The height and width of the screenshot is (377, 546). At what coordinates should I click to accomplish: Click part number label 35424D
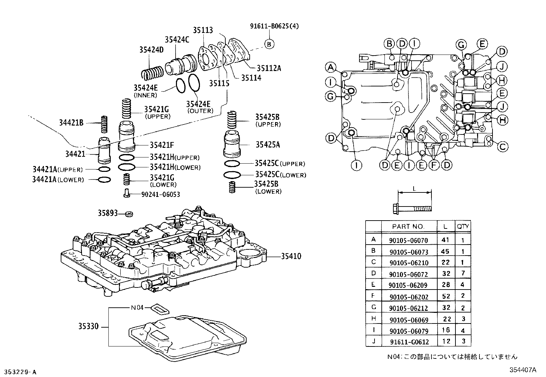tap(151, 50)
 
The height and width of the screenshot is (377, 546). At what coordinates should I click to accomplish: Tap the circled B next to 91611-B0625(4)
tap(269, 44)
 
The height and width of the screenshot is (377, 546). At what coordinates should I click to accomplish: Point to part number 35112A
tap(269, 68)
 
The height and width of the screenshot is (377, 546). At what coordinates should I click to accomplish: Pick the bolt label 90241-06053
tap(161, 195)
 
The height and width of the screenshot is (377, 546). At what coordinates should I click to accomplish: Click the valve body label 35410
tap(291, 256)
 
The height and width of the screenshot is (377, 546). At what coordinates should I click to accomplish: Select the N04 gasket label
tap(137, 308)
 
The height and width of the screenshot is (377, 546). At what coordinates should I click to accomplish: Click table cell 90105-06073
tap(408, 252)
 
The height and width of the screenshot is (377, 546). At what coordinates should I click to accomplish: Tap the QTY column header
tap(463, 226)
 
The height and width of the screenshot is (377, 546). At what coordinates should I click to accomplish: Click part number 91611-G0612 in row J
tap(409, 342)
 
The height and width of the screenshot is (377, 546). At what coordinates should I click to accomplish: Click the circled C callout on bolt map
tap(502, 147)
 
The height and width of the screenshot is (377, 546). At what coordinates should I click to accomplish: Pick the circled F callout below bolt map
tap(434, 165)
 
